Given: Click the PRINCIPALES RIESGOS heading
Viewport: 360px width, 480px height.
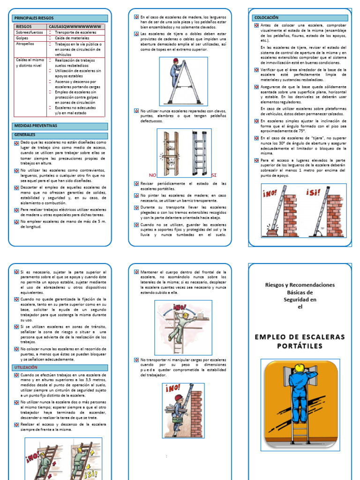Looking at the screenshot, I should point(34,18).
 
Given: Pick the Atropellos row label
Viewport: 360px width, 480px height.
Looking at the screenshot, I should point(24,44).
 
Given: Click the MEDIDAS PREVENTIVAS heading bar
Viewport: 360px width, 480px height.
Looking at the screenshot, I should point(36,126).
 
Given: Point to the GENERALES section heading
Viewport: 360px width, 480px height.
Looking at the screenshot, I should point(25,135).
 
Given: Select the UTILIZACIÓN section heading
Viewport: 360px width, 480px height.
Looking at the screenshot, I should point(29,367).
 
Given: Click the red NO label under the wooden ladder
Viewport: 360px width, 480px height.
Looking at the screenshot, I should point(151,175).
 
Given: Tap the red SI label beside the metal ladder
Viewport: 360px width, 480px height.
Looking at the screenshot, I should point(214,175).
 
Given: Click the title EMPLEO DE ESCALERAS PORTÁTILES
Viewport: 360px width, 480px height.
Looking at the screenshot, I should point(300,341).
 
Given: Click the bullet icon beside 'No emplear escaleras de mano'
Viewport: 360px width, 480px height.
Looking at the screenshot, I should point(17,221).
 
